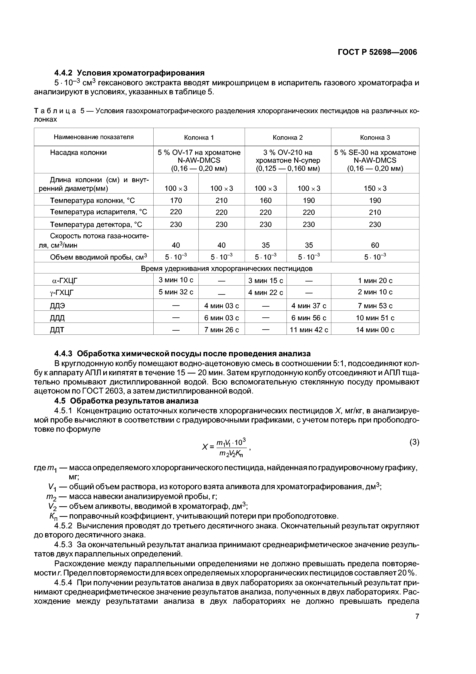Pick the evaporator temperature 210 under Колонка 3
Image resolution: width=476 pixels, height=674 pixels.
(x=375, y=212)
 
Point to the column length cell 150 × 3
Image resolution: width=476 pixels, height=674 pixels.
(x=375, y=188)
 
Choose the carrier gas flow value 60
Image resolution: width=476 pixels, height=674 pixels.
(x=375, y=245)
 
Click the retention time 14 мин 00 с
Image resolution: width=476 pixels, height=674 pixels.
(x=375, y=330)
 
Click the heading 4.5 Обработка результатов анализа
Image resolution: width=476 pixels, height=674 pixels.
(x=126, y=401)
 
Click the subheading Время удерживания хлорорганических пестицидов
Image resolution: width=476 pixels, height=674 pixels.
(x=226, y=268)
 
